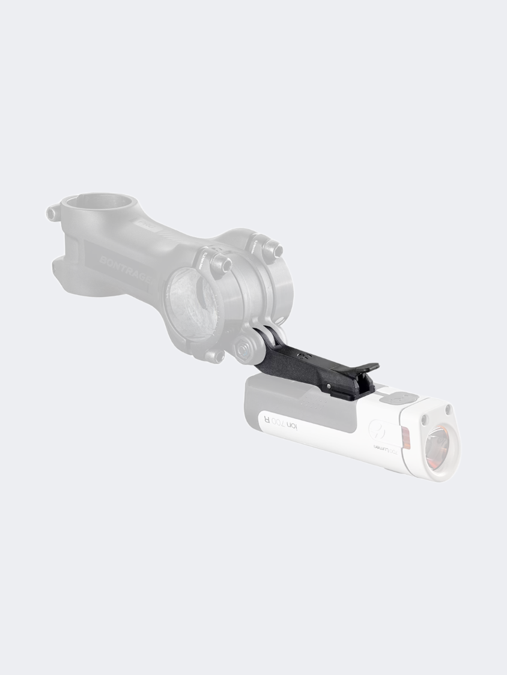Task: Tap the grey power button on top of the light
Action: [x=399, y=397]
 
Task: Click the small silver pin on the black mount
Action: [x=328, y=384]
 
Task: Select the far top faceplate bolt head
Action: [x=272, y=246]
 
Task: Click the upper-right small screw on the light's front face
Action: [x=447, y=409]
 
